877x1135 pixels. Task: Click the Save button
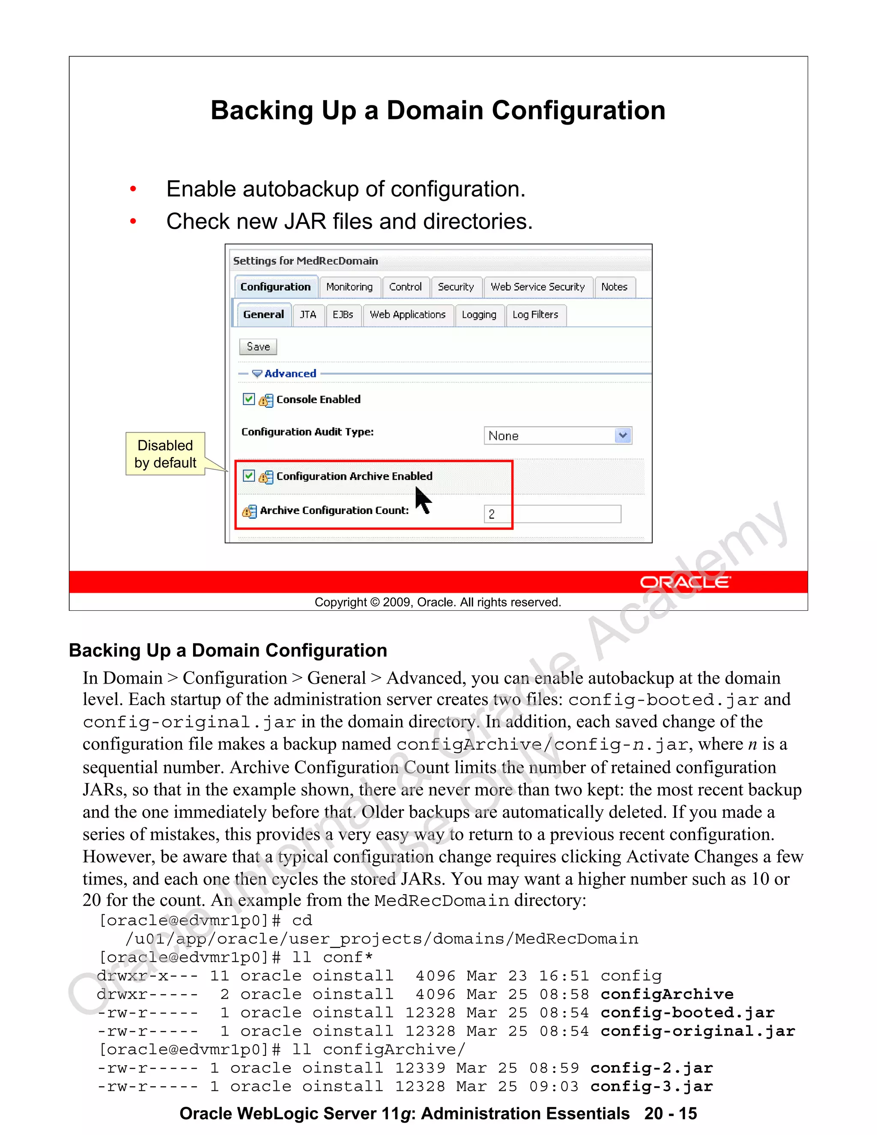(x=258, y=346)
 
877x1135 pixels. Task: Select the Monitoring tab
(x=349, y=287)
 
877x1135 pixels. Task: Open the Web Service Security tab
(x=537, y=287)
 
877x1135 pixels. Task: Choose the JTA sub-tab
(x=307, y=315)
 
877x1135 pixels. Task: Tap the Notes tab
(x=614, y=287)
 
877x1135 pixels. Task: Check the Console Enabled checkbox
(x=249, y=399)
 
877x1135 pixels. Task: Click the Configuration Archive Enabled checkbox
(x=249, y=475)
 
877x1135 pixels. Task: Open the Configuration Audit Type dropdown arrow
(x=622, y=436)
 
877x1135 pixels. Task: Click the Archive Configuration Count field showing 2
(x=552, y=514)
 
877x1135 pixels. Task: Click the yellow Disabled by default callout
(x=165, y=454)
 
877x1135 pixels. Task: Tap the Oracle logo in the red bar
(x=684, y=582)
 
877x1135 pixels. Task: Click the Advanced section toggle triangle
(x=257, y=373)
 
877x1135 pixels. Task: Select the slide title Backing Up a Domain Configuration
(x=438, y=111)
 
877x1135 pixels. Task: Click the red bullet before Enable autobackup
(x=133, y=189)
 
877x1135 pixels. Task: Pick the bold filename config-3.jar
(x=651, y=1086)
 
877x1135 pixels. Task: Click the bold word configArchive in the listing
(x=667, y=994)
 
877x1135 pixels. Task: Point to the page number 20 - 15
(x=670, y=1114)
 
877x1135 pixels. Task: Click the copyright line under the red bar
(x=438, y=602)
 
